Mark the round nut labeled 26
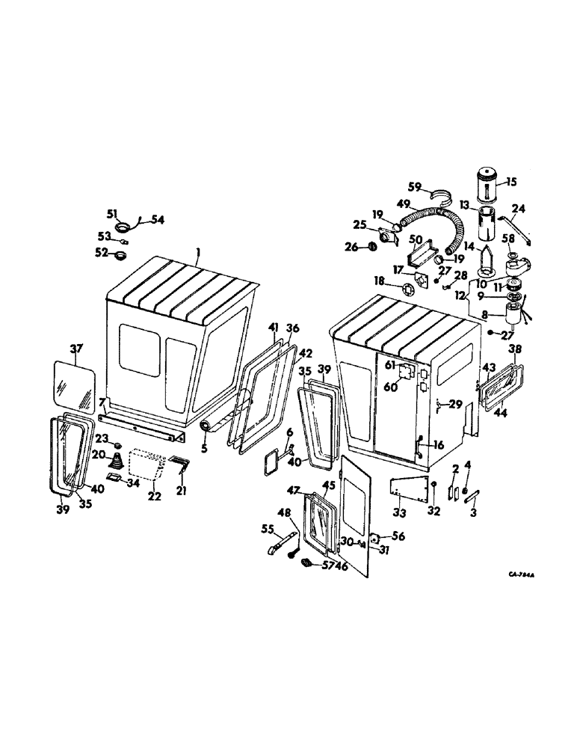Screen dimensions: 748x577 point(370,248)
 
